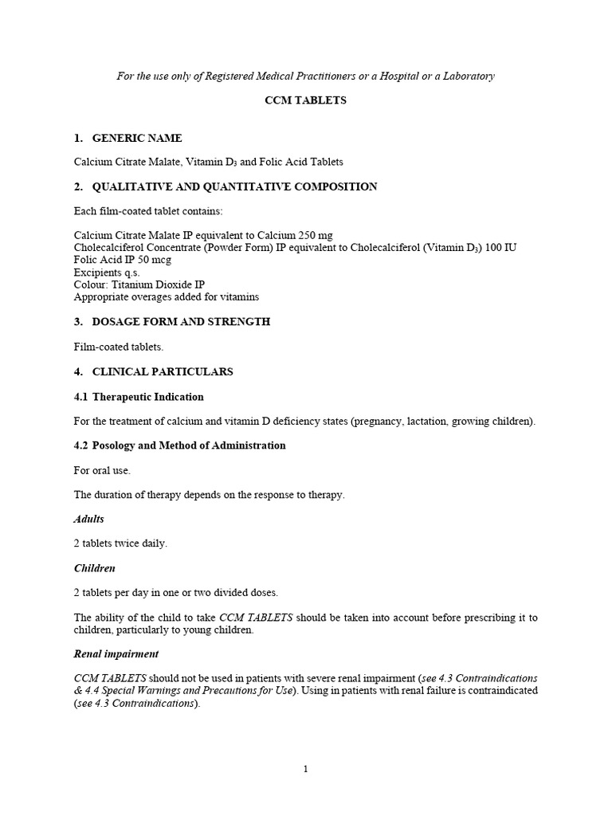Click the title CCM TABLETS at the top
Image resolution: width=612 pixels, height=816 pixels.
(x=306, y=101)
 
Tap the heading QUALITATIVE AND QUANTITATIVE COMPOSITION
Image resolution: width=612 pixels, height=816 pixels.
(x=234, y=186)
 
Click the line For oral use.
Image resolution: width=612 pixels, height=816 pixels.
(x=102, y=470)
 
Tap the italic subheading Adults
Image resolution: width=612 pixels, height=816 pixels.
(x=89, y=519)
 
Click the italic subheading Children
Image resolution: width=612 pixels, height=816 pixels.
(x=95, y=568)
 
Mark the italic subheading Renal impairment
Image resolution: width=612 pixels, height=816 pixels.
(x=116, y=653)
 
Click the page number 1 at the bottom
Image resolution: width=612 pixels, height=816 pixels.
(x=305, y=769)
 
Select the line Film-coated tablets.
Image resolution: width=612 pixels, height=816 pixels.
(x=120, y=347)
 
